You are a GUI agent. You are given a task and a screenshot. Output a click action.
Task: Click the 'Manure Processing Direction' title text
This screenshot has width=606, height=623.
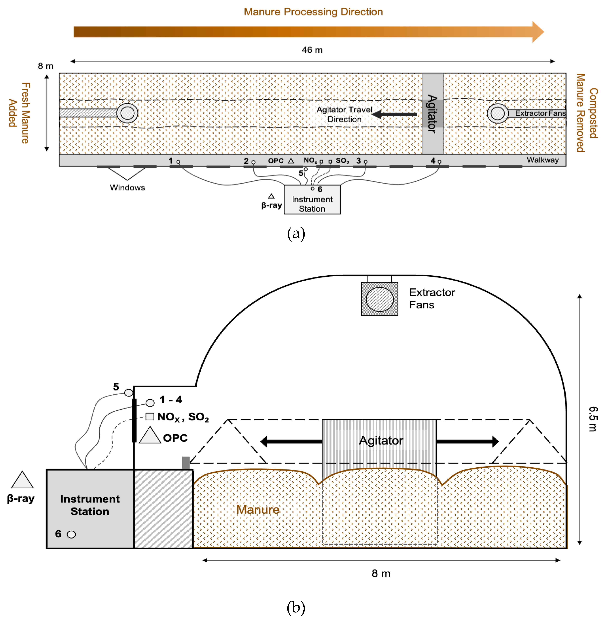tap(313, 12)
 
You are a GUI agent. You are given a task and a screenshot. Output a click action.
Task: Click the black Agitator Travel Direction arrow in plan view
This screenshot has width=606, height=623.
tap(395, 114)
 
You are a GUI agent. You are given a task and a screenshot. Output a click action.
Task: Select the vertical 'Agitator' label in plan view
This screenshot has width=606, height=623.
tap(432, 114)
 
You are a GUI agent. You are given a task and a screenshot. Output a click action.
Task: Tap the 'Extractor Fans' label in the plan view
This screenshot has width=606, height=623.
tap(540, 113)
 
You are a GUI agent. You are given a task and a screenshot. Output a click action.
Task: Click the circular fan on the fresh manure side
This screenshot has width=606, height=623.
tap(127, 113)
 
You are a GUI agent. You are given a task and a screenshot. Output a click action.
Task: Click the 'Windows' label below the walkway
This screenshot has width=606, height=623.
tap(127, 188)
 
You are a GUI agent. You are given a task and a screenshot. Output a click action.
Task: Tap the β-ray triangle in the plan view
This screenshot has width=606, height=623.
tap(271, 196)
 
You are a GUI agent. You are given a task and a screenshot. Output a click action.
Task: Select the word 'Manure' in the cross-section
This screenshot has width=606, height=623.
tap(258, 509)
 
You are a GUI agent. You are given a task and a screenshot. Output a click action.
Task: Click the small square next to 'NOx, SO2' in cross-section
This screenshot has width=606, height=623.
tap(150, 416)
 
